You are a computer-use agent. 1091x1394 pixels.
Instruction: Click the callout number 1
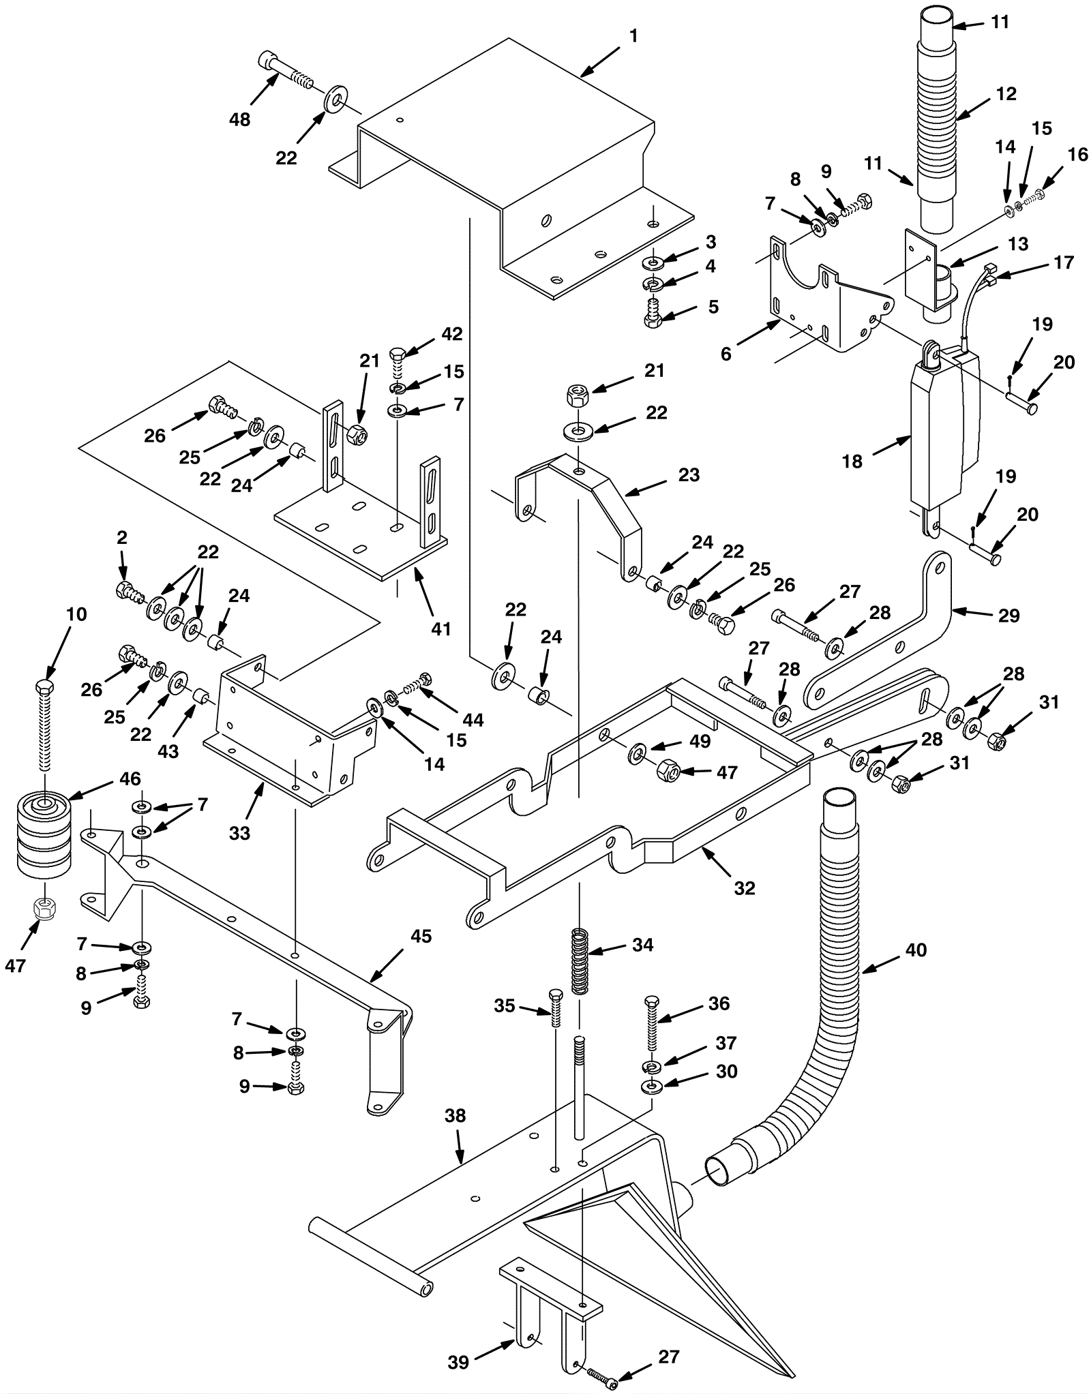pos(633,35)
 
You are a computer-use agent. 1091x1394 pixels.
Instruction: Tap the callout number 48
pos(239,120)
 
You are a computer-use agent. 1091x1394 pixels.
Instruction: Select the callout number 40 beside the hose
pos(916,950)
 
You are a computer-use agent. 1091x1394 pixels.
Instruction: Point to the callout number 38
pos(455,1116)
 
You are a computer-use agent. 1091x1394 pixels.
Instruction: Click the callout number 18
pos(852,461)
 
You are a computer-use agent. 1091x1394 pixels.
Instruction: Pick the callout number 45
pos(421,936)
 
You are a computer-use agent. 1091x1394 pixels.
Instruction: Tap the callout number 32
pos(745,888)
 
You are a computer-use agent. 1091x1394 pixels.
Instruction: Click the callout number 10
pos(76,614)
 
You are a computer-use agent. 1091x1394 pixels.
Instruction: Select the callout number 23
pos(689,474)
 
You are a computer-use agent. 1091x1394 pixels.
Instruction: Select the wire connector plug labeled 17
pos(989,275)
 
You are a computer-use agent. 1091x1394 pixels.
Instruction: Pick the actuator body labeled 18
pos(944,436)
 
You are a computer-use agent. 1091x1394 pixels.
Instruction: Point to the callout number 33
pos(239,833)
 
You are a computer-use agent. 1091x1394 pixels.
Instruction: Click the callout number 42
pos(451,334)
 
